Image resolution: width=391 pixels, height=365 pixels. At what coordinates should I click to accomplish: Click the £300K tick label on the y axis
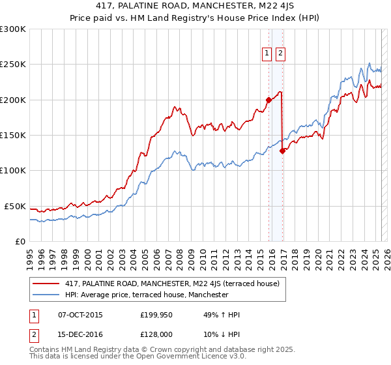(x=13, y=29)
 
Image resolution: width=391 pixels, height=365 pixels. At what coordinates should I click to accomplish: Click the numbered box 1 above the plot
(x=267, y=54)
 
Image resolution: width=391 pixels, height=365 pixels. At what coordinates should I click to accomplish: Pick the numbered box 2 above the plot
(x=280, y=54)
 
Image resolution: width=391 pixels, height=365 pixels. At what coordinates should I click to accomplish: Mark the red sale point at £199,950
(x=268, y=100)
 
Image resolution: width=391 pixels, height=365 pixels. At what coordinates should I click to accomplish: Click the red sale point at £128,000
(x=283, y=151)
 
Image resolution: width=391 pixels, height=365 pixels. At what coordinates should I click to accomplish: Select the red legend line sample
(x=46, y=284)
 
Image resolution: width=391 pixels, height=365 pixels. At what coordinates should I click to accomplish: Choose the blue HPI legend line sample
(x=46, y=295)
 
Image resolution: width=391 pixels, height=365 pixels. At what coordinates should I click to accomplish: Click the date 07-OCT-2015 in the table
(x=80, y=315)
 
